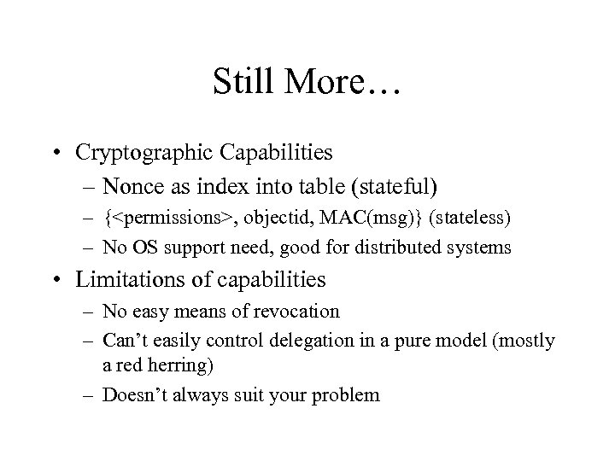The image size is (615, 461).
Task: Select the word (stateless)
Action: coord(471,219)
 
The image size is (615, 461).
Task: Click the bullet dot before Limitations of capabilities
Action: coord(79,279)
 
